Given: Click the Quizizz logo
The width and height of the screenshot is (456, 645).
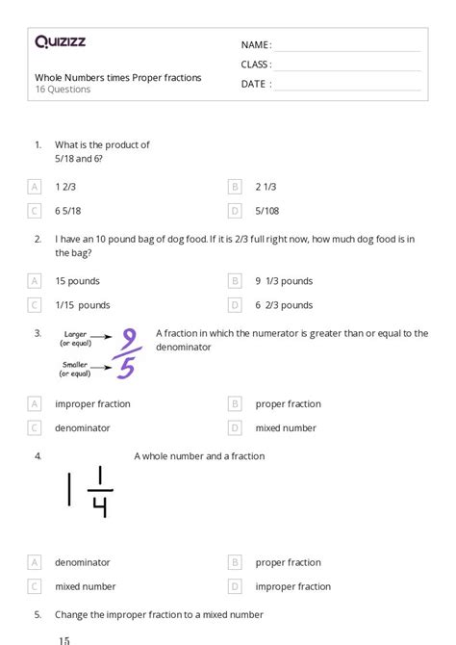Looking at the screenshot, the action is click(x=60, y=41).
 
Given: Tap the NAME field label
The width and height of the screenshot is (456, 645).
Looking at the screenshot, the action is click(x=256, y=45).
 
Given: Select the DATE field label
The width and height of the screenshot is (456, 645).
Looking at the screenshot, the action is click(x=256, y=84).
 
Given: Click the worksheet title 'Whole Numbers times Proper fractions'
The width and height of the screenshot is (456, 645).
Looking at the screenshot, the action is click(x=118, y=78).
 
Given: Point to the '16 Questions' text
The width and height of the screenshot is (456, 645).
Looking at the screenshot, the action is click(x=63, y=90).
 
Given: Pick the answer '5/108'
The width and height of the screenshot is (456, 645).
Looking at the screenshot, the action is click(x=268, y=210).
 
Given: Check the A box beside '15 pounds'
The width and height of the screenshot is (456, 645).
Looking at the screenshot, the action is click(x=36, y=281).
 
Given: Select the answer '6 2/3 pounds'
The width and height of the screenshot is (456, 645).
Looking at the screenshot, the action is click(x=284, y=305).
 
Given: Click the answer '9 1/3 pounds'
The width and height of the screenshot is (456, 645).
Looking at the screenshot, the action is click(x=284, y=281).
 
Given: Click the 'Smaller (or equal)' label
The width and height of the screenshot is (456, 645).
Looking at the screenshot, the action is click(x=76, y=369).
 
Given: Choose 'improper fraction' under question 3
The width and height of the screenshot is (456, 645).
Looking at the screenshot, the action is click(x=92, y=404).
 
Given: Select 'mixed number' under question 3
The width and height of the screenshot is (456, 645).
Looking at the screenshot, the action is click(x=286, y=427).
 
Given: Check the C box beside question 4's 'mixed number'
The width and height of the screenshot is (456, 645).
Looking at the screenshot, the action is click(x=36, y=586).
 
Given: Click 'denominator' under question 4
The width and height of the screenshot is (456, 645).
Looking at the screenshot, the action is click(x=83, y=562).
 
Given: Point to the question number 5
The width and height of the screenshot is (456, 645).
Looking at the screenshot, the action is click(x=38, y=613).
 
